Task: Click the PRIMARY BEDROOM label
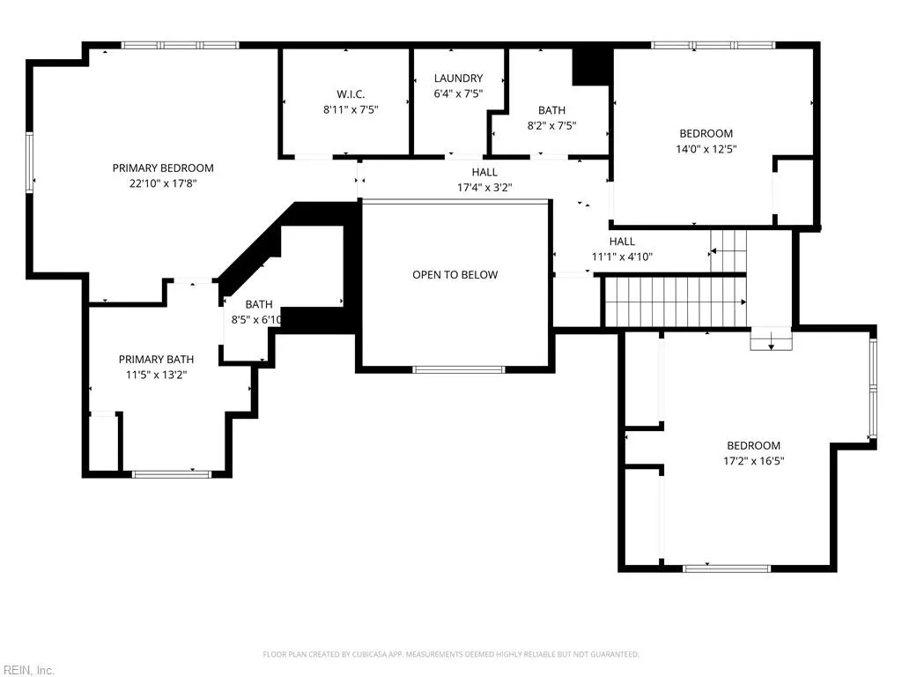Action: tap(163, 168)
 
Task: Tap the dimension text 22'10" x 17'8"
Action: tap(163, 183)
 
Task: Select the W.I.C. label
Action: tap(351, 94)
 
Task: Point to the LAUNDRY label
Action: tap(458, 78)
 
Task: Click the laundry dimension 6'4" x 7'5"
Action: tap(458, 93)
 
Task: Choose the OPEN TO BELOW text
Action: tap(455, 275)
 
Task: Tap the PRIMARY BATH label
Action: tap(156, 360)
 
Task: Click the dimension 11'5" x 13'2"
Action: tap(156, 375)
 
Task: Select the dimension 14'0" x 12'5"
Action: tap(706, 149)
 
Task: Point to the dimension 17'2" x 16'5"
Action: tap(754, 460)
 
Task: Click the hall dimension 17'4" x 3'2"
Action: tap(484, 188)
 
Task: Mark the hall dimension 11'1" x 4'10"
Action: tap(622, 257)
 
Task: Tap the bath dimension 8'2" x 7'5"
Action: tap(551, 125)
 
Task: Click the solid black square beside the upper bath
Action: tap(591, 66)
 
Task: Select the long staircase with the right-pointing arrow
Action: tap(676, 301)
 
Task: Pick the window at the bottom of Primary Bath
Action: tap(172, 474)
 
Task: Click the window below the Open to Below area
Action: tap(458, 369)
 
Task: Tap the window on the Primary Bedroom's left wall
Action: tap(29, 162)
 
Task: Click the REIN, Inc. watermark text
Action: tap(27, 670)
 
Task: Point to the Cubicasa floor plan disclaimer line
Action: tap(451, 654)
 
